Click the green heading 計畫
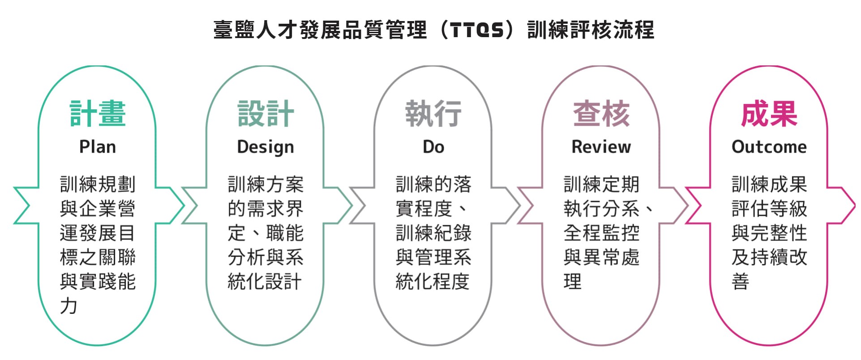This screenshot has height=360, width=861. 98,114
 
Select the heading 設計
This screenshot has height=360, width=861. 266,114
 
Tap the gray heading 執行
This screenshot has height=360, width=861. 433,114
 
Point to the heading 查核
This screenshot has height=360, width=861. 601,114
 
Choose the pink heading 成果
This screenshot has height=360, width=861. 769,114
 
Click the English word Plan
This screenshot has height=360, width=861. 98,147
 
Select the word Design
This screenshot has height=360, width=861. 266,147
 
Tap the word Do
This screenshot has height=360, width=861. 433,147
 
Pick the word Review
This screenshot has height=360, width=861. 601,147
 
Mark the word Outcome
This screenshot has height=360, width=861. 769,147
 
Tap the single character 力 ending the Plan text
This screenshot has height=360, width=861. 69,306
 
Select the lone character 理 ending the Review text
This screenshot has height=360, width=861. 573,281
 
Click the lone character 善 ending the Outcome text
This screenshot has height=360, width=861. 741,281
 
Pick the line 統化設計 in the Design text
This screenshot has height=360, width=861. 265,281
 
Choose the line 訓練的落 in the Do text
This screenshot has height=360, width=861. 433,184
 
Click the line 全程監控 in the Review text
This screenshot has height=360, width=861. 601,233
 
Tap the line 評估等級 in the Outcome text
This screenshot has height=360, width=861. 769,208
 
